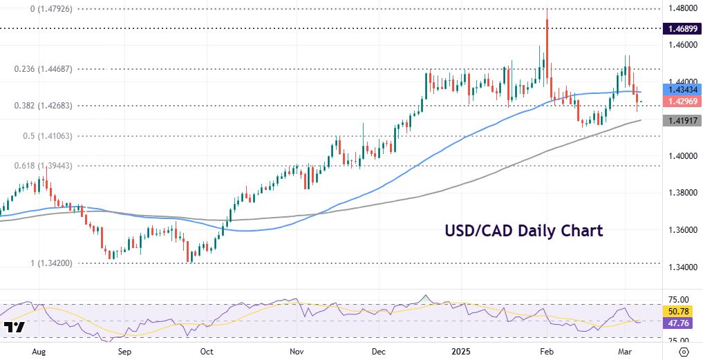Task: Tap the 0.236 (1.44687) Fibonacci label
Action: tap(47, 69)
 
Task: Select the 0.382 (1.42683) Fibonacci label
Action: tap(47, 105)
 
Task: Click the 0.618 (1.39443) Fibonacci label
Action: tap(47, 166)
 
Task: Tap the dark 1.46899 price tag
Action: tap(682, 29)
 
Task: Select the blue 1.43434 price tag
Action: tap(682, 89)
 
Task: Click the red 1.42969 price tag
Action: tap(682, 102)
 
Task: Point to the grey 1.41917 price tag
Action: tap(682, 121)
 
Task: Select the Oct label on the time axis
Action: tap(206, 352)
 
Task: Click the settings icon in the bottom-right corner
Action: tap(684, 352)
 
